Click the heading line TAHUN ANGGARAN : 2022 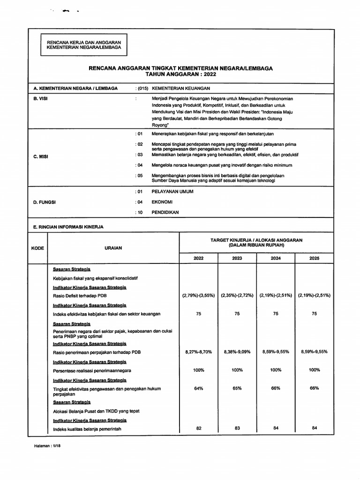tap(180, 74)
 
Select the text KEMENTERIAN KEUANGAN tap(181, 88)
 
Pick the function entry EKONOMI tap(162, 202)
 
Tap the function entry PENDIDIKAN tap(165, 212)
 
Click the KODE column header tap(37, 248)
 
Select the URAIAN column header tap(113, 248)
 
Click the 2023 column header tap(237, 258)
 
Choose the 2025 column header tap(314, 258)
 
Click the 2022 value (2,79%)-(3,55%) tap(199, 296)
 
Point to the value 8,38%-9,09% tap(237, 351)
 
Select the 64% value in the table tap(199, 388)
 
